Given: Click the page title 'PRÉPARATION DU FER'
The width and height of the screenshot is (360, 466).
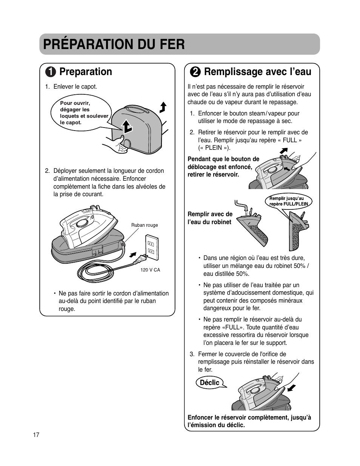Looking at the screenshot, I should (x=114, y=44).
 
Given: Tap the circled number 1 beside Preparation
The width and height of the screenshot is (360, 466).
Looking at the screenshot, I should (x=51, y=72).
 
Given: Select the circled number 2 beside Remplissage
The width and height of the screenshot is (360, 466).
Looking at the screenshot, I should (x=195, y=72).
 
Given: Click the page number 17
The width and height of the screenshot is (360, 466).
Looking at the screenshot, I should (x=36, y=435).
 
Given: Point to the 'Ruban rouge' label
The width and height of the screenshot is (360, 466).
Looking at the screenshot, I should (x=145, y=225).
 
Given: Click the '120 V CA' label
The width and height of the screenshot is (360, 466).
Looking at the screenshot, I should (x=150, y=270).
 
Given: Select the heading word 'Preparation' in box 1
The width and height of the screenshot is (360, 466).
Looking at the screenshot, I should (x=86, y=72).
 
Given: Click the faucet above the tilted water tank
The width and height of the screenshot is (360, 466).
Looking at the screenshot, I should (x=242, y=206).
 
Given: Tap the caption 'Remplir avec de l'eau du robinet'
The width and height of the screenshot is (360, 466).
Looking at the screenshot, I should (x=210, y=218).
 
